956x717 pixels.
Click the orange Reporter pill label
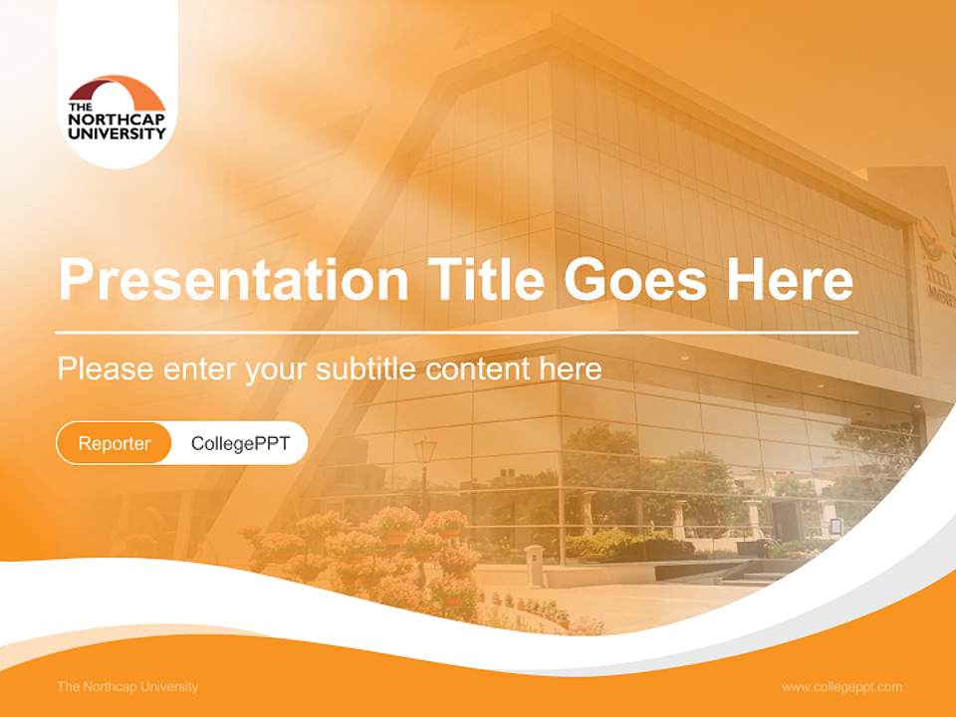[x=115, y=443]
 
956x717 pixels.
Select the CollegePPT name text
[x=240, y=443]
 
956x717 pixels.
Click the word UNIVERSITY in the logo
[x=117, y=132]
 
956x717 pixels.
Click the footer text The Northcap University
[x=127, y=686]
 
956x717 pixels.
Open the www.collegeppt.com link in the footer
[x=841, y=686]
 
